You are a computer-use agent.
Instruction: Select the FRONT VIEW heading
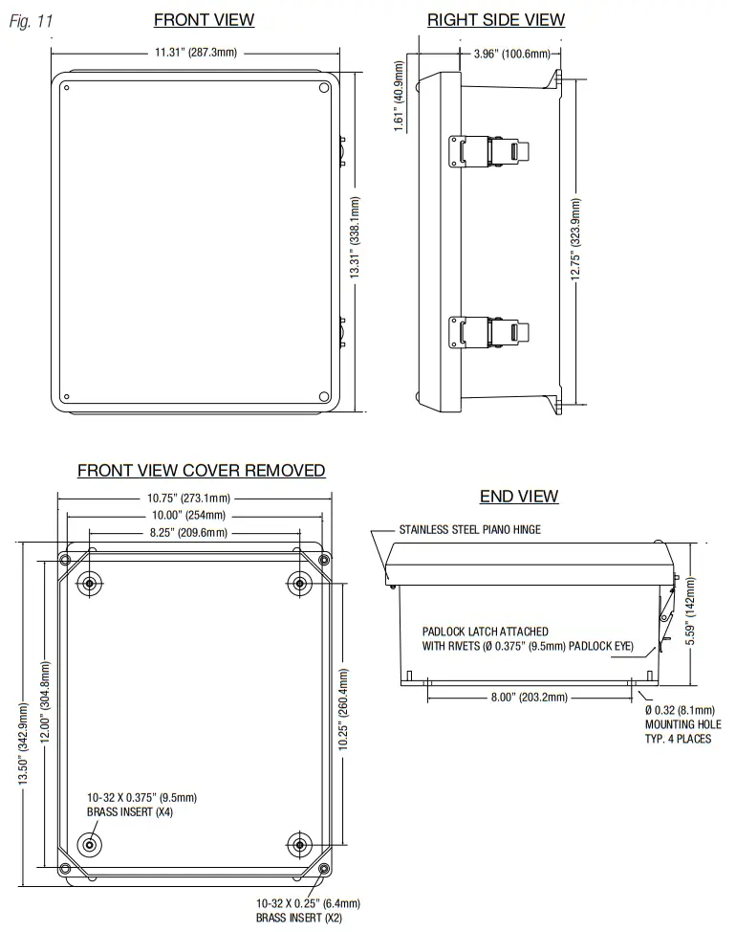[x=204, y=20]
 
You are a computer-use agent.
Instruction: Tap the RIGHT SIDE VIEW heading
[x=495, y=20]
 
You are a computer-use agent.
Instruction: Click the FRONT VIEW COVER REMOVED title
[x=201, y=471]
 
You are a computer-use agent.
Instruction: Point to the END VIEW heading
[x=519, y=496]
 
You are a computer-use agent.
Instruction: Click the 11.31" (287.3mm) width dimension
[x=195, y=52]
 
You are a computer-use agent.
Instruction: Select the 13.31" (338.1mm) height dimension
[x=355, y=238]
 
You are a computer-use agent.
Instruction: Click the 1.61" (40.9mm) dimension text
[x=400, y=96]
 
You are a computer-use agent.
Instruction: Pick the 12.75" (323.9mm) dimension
[x=575, y=239]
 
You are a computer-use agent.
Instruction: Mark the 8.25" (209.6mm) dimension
[x=188, y=533]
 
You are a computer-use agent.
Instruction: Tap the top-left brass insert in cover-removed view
[x=90, y=583]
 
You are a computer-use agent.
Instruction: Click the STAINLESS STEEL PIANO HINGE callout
[x=469, y=529]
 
